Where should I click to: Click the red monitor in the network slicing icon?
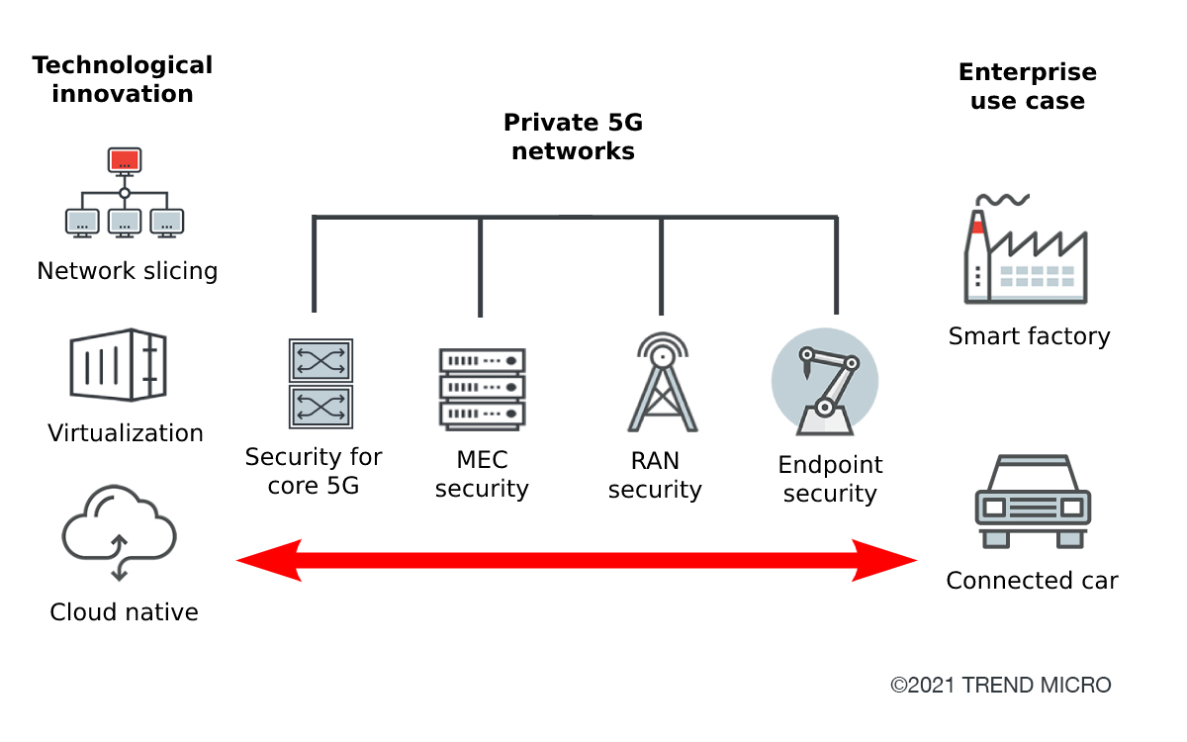point(125,160)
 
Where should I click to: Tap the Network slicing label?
point(127,271)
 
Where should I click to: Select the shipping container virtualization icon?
point(118,365)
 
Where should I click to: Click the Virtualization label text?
point(126,433)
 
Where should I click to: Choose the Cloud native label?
point(124,612)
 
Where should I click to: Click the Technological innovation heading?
point(123,80)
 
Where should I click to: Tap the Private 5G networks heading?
point(573,138)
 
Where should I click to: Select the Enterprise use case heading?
point(1028,86)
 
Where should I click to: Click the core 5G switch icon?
point(320,383)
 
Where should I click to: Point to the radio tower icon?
point(662,383)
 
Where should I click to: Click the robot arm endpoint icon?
point(824,382)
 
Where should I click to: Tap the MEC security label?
point(482,475)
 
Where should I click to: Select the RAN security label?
point(655,475)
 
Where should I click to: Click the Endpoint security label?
point(830,479)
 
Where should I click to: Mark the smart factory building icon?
point(1026,251)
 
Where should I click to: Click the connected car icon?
point(1034,503)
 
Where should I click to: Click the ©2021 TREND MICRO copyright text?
point(1001,685)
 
